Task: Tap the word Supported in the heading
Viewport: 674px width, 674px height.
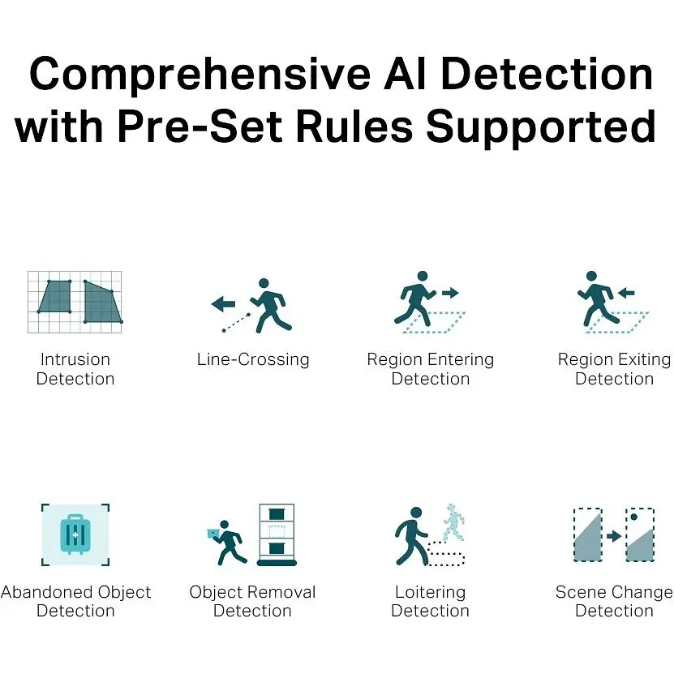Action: [541, 127]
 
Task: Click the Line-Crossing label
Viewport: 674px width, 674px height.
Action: [253, 360]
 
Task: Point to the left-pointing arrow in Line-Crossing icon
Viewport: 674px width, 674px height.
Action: [223, 304]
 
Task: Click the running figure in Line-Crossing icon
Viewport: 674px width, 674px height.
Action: [271, 306]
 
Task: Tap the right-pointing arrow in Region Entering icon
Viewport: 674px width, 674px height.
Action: [450, 293]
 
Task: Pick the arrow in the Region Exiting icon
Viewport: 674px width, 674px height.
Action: [626, 293]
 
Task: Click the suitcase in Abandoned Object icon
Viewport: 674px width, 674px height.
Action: [75, 534]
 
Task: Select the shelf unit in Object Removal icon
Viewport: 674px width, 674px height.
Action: [277, 534]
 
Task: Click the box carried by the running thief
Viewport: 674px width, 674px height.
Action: [213, 534]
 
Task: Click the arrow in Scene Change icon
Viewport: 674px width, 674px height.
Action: [614, 536]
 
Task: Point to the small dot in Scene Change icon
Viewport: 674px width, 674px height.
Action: [633, 517]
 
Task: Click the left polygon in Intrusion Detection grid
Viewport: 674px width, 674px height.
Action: [54, 297]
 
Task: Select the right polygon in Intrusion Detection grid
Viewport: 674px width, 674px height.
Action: [103, 303]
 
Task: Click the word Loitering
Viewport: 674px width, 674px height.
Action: [431, 592]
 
